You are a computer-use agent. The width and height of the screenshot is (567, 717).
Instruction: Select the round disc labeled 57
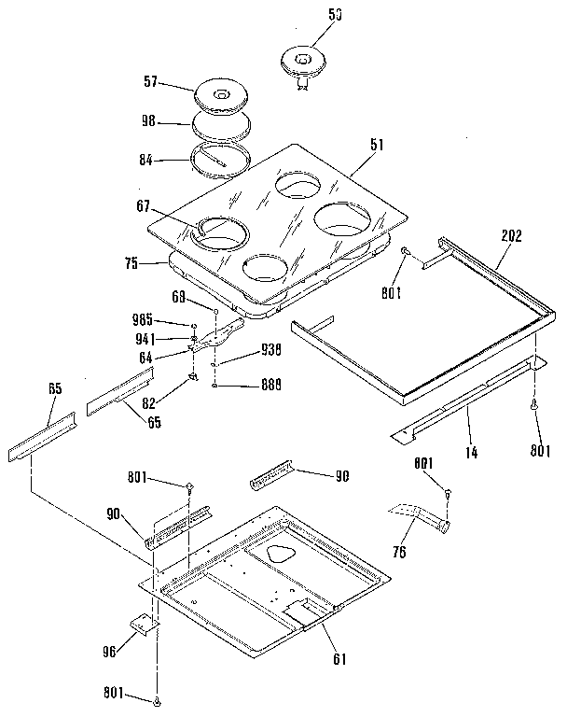[221, 96]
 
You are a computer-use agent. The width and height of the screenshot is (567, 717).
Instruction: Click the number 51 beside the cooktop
[376, 146]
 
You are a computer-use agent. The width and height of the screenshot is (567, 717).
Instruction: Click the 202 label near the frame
[510, 236]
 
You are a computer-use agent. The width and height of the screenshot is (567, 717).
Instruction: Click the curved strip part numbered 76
[418, 513]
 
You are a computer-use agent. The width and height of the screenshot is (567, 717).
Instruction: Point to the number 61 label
[339, 658]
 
